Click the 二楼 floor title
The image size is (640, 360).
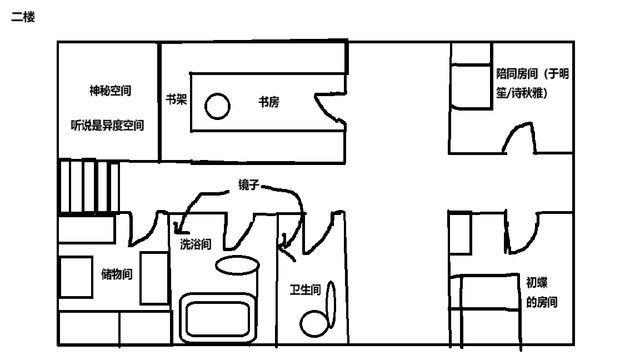(23, 17)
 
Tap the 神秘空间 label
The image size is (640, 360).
(110, 90)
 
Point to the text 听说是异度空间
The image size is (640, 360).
(107, 125)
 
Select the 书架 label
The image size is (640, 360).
(176, 99)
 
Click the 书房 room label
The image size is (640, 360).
(269, 102)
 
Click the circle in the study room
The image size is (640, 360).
(217, 106)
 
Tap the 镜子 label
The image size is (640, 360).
(249, 184)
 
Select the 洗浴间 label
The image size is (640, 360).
(196, 244)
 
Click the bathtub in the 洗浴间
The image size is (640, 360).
(218, 318)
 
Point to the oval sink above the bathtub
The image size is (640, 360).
(237, 265)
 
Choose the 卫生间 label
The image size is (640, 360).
(305, 290)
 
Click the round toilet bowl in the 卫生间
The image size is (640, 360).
(314, 324)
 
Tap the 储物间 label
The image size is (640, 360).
(117, 274)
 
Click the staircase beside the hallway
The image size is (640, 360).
(89, 187)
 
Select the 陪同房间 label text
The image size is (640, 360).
(532, 84)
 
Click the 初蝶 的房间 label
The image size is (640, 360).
(541, 292)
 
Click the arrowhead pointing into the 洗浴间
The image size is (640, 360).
(178, 228)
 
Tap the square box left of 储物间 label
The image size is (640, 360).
(76, 277)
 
